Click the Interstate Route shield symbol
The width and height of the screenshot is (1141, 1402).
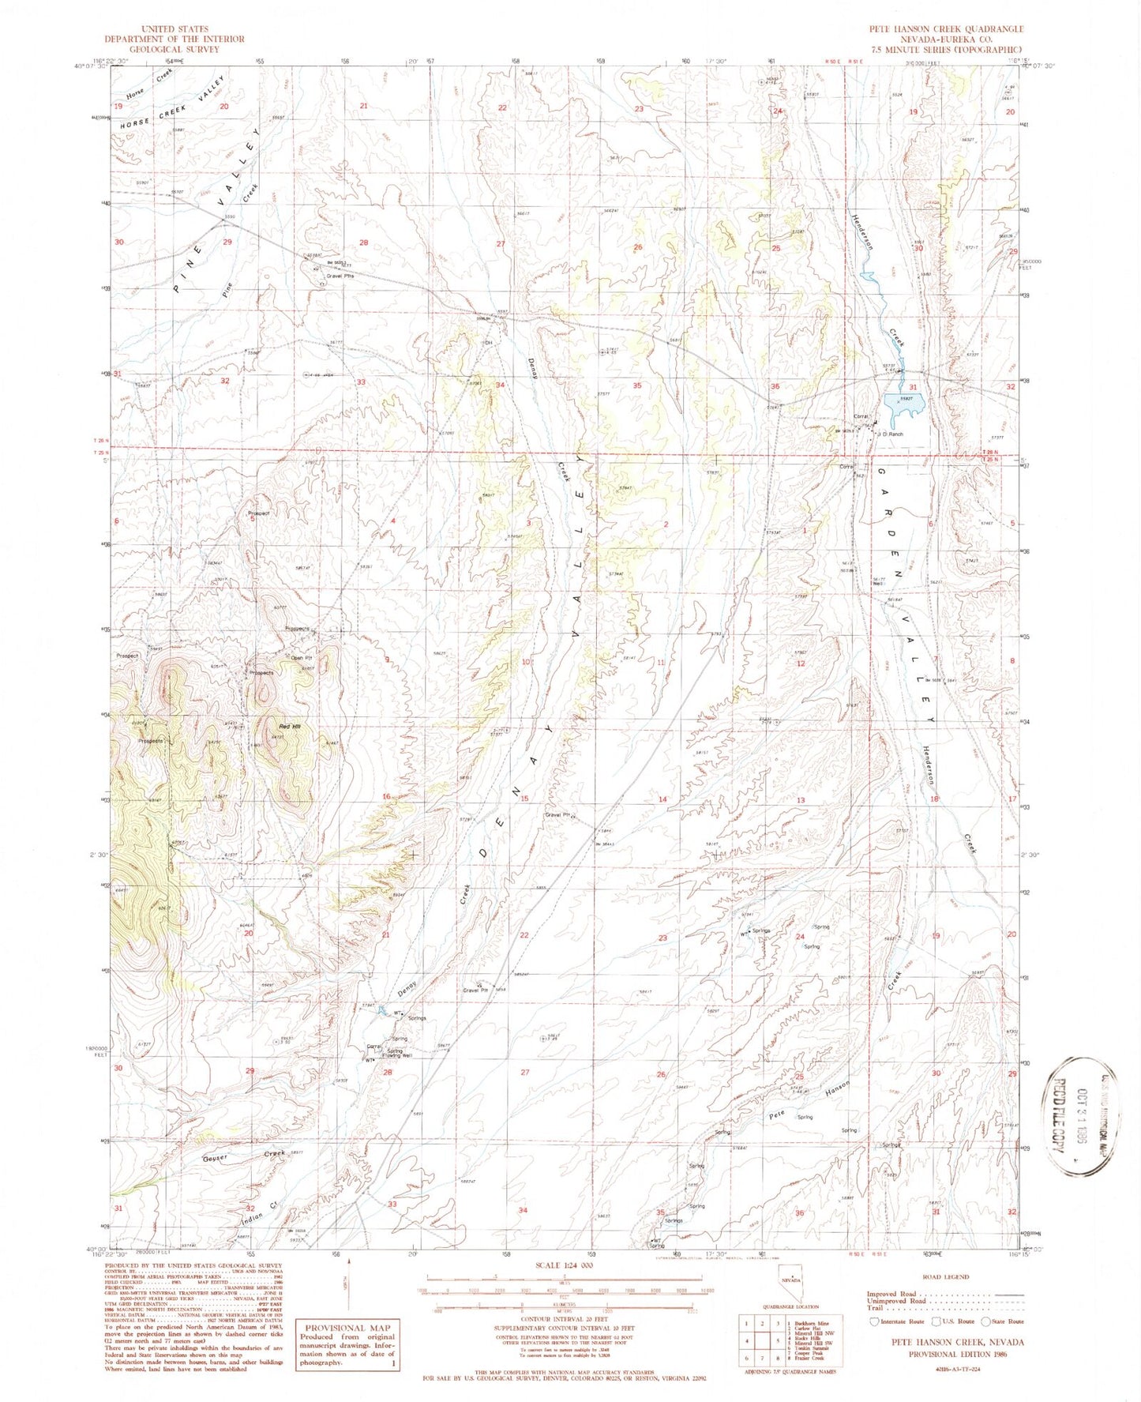(873, 1321)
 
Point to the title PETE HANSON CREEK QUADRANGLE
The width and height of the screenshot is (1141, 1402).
(946, 28)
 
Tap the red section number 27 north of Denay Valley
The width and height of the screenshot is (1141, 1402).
(500, 244)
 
